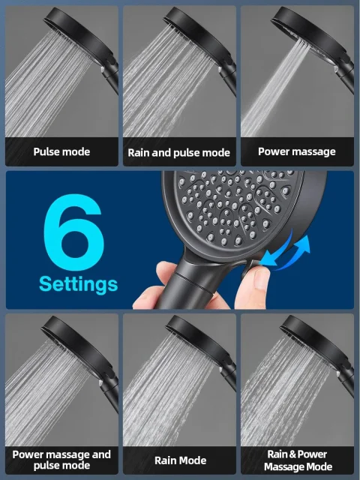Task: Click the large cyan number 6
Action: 73,232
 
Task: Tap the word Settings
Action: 78,284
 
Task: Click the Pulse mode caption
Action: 61,151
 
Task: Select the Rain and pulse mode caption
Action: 179,152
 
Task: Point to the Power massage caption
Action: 297,151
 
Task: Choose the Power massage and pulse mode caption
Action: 61,460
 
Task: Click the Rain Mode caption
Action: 180,460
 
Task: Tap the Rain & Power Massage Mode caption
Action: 298,460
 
